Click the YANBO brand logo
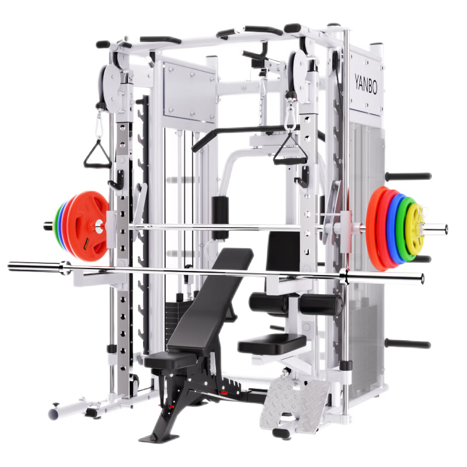(x=366, y=84)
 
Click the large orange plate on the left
(x=87, y=226)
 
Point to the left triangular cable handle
(x=97, y=154)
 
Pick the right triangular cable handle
(x=290, y=152)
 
